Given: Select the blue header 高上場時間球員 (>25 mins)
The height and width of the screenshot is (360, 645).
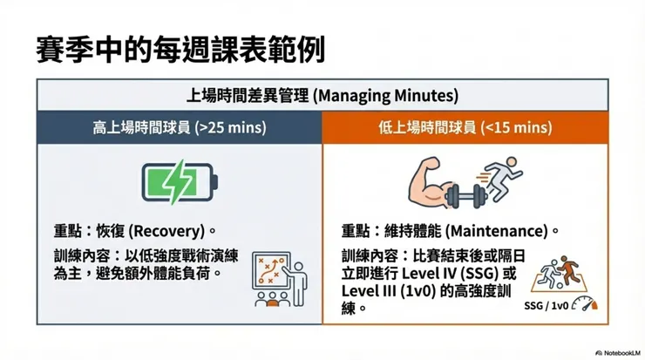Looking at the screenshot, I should [x=180, y=127].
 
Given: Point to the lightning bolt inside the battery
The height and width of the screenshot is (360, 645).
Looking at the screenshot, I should [x=178, y=180].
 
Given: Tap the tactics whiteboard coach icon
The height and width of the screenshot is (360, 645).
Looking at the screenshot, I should [x=275, y=278].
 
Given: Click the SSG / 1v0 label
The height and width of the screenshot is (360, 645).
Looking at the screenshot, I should [x=547, y=306].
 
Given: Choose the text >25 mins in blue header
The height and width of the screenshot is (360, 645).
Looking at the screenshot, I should [x=232, y=127].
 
